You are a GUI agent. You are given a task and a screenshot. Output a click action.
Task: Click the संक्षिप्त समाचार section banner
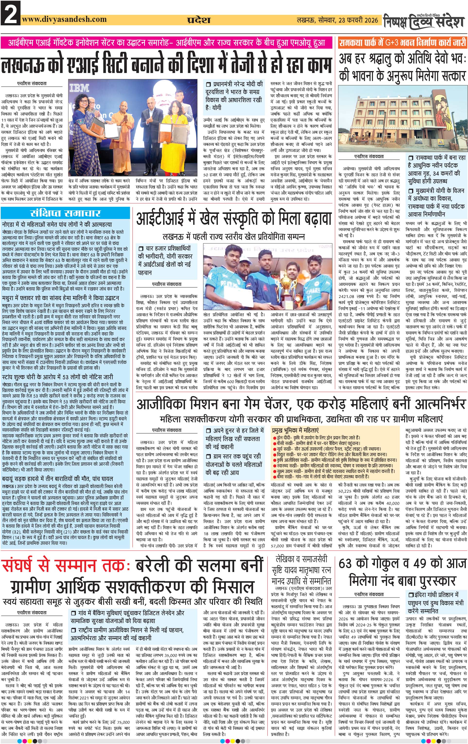coord(65,213)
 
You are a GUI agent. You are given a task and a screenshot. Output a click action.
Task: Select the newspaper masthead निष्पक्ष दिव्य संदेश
coord(424,22)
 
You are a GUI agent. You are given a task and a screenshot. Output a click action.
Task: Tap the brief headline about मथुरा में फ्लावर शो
coord(61,298)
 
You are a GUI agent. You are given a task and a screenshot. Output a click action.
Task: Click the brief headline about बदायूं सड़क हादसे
coord(57,479)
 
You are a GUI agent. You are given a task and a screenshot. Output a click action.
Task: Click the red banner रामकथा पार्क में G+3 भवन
coord(402,42)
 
